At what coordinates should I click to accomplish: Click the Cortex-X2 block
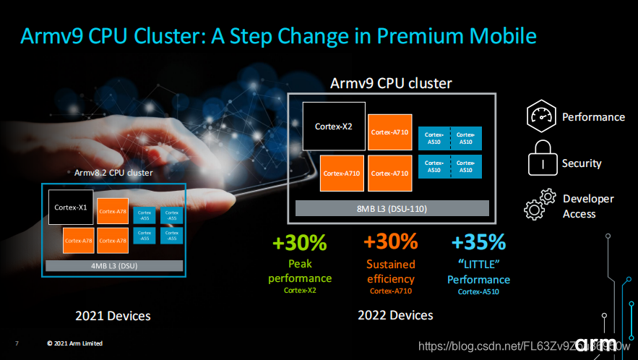pos(333,126)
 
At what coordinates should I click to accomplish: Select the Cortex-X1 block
pos(71,207)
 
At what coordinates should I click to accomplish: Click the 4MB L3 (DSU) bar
pos(114,265)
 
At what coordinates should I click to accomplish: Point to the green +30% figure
pos(299,241)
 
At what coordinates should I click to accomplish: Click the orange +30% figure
pos(391,241)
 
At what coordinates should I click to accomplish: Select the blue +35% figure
pos(478,241)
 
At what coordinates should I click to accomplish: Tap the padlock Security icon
pos(542,158)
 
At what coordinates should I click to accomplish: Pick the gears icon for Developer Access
pos(540,205)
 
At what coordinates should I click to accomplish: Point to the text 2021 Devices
pos(113,316)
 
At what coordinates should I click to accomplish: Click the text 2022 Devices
pos(395,315)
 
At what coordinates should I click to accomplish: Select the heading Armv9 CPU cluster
pos(391,83)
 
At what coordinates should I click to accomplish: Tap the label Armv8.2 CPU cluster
pos(113,173)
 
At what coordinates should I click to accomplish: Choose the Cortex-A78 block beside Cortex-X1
pos(113,211)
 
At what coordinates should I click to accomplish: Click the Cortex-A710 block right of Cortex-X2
pos(390,132)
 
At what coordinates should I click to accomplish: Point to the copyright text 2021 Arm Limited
pos(74,343)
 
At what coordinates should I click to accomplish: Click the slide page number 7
pos(17,343)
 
